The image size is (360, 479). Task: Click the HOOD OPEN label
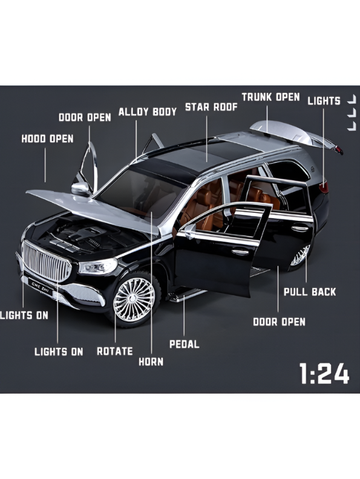(x=47, y=138)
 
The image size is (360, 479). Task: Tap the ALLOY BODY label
(x=148, y=111)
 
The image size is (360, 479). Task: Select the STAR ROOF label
(x=211, y=107)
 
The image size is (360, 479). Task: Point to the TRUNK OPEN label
(x=271, y=97)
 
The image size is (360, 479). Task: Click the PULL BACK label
(x=310, y=292)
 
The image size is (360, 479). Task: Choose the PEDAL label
(x=185, y=344)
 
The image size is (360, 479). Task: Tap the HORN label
(x=151, y=362)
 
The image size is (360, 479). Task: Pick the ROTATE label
(x=115, y=351)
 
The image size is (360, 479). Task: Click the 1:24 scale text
(x=324, y=373)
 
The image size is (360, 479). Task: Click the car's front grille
(x=47, y=261)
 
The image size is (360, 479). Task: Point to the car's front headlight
(x=98, y=266)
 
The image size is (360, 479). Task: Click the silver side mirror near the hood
(x=80, y=189)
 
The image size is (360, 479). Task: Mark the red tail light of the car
(x=324, y=187)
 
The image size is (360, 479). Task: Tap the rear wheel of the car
(x=300, y=256)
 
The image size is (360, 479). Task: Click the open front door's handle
(x=240, y=252)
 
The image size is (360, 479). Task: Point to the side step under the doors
(x=186, y=295)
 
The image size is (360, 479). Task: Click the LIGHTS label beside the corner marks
(x=324, y=101)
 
